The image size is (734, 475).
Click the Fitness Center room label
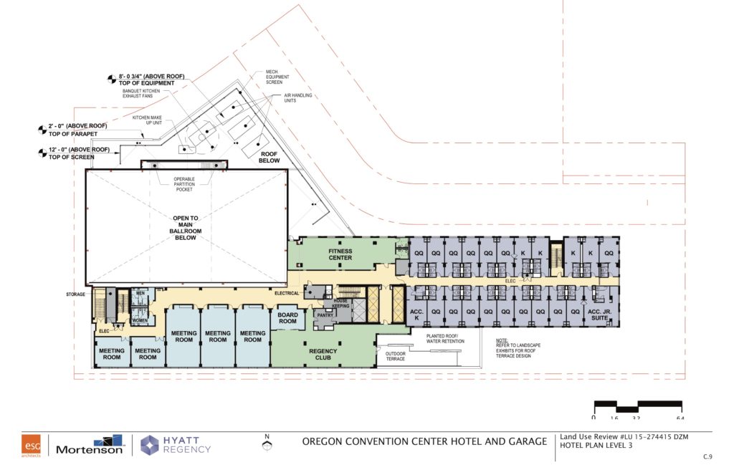coord(340,254)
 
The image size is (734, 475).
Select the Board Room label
coord(287,318)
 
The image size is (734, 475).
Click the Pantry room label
coord(325,314)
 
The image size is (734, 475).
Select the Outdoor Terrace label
coord(395,355)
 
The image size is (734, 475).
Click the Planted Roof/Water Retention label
coord(445,338)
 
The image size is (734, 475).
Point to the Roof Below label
coord(270,157)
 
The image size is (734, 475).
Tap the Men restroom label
coord(140,292)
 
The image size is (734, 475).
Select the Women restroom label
coord(140,320)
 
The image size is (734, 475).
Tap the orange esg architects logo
coord(31,444)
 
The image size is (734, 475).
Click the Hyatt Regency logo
coord(176,444)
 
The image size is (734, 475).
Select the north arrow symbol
coord(267,445)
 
